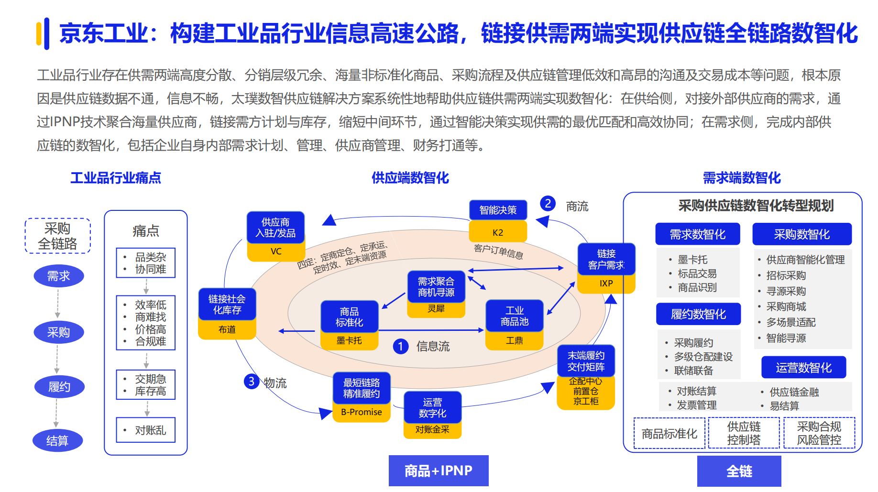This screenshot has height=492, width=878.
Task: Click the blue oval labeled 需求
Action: tap(59, 276)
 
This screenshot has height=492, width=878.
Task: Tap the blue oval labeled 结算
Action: tap(57, 440)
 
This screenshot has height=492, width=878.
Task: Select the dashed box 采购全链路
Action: tap(57, 236)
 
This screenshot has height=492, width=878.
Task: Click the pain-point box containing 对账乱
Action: tap(146, 430)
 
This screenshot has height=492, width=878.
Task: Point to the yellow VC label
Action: tap(276, 251)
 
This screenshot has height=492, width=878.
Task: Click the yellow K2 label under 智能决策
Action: tap(498, 233)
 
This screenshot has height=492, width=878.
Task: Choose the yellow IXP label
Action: tap(606, 284)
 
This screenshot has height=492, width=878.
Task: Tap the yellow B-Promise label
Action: tap(362, 412)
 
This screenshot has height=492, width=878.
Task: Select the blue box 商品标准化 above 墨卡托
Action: tap(349, 317)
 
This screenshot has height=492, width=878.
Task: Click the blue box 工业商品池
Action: tap(515, 316)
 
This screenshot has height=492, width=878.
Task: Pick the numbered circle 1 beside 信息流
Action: tap(401, 346)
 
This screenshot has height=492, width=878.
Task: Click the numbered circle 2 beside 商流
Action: tap(548, 204)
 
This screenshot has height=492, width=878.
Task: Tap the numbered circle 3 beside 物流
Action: tap(251, 381)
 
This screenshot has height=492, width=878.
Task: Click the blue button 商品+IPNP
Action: tap(439, 471)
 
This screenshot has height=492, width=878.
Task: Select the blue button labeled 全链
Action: tap(739, 471)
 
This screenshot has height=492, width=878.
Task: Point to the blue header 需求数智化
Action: tap(698, 234)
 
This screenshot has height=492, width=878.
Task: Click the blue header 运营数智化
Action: tap(803, 368)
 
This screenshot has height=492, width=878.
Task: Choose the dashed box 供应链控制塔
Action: tap(744, 433)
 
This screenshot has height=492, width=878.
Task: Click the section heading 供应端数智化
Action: tap(410, 178)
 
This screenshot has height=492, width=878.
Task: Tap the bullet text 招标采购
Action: tap(786, 275)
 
